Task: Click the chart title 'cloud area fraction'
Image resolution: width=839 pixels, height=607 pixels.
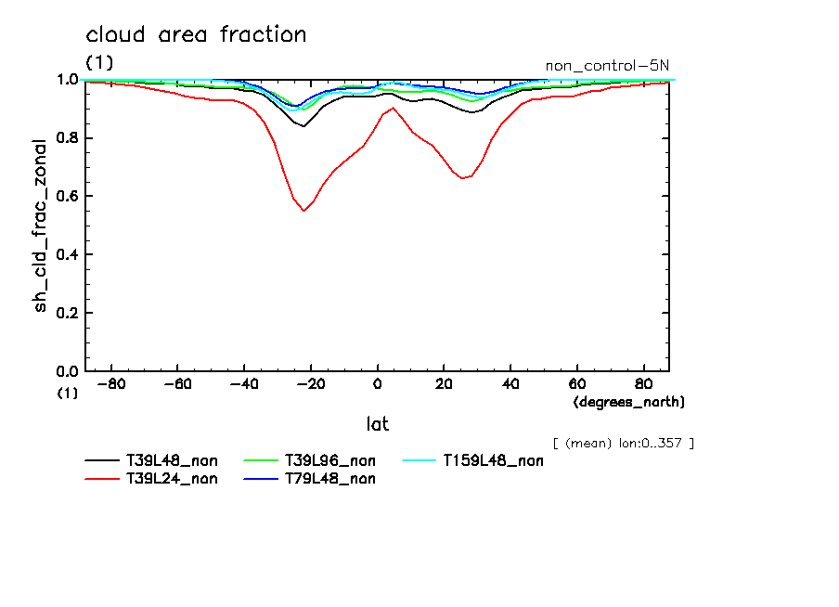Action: (196, 35)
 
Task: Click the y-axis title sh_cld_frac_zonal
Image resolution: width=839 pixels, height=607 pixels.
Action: (41, 226)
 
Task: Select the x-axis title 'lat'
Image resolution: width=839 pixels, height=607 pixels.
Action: (377, 424)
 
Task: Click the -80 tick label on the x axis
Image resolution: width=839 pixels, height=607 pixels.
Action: (111, 384)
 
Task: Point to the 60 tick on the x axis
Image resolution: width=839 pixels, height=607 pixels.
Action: (576, 384)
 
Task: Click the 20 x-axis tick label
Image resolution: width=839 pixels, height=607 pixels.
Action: (444, 384)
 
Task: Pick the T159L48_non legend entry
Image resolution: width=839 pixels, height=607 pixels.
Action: (493, 460)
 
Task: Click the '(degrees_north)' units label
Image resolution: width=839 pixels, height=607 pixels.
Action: (629, 402)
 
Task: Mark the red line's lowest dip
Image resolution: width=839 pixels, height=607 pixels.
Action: (303, 211)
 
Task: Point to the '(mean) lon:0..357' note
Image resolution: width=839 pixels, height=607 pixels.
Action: (623, 443)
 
